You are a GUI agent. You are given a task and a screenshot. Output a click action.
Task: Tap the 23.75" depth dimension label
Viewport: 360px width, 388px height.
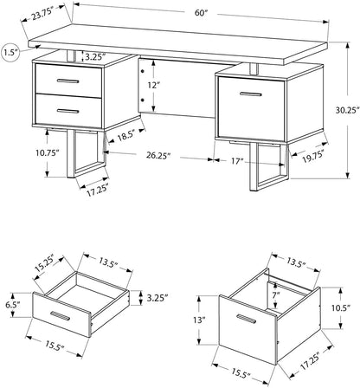(37, 16)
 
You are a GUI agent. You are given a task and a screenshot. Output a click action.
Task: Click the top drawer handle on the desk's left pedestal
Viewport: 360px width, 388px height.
(64, 81)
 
